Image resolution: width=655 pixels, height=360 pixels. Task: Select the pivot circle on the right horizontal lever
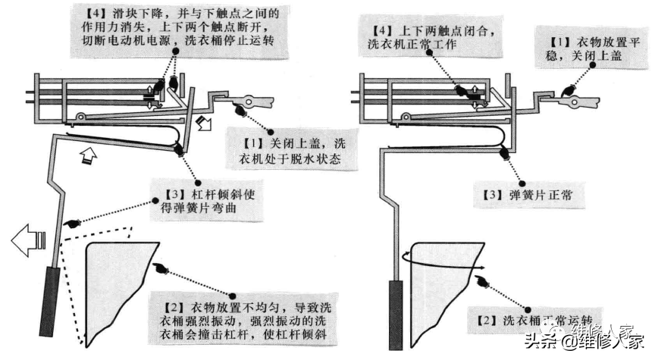pyautogui.click(x=405, y=117)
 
